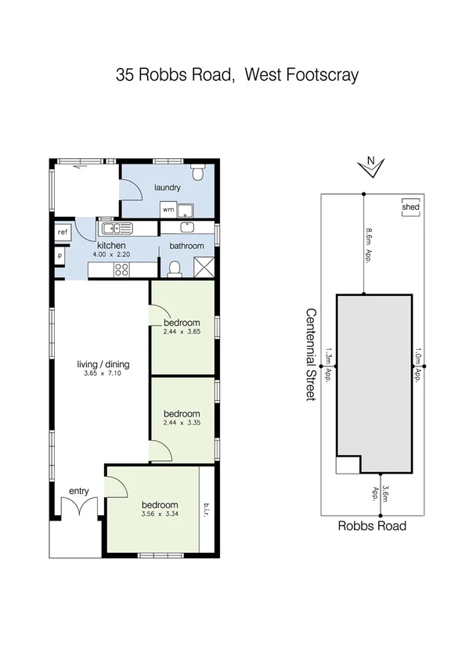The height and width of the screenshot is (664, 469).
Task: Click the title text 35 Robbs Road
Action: click(x=175, y=75)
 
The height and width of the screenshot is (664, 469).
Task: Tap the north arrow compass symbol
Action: click(x=371, y=164)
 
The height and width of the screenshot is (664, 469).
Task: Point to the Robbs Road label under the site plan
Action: click(x=372, y=526)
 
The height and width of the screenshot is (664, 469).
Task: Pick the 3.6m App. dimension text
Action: click(x=381, y=494)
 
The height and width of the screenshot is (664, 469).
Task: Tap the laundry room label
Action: click(x=168, y=188)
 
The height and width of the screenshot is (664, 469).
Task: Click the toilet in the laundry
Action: click(x=199, y=170)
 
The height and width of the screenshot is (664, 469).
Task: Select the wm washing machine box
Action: click(x=168, y=210)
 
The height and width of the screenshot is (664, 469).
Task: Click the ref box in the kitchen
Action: click(x=62, y=232)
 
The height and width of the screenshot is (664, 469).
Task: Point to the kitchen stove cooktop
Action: click(x=122, y=270)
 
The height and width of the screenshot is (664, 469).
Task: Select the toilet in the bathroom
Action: click(x=175, y=269)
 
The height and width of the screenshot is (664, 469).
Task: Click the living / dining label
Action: click(x=103, y=364)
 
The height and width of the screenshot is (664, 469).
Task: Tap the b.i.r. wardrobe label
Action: click(x=207, y=509)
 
